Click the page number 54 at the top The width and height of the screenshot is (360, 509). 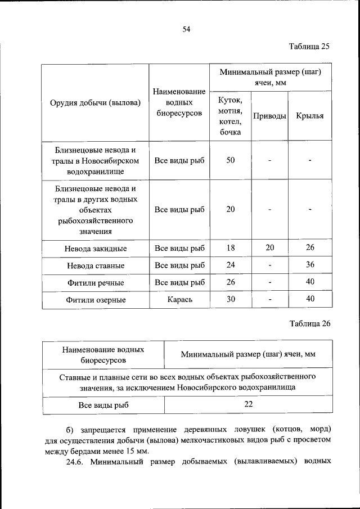(186, 29)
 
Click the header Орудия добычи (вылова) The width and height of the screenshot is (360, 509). (94, 102)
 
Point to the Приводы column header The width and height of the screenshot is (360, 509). (269, 116)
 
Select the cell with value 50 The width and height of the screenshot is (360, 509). (230, 160)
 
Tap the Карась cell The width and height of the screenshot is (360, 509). (179, 300)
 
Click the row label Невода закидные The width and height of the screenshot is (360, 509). (94, 248)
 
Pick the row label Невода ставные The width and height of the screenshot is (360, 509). (94, 265)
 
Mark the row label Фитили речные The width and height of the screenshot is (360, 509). (94, 283)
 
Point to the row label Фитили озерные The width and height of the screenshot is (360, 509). (94, 300)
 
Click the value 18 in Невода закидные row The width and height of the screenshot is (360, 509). (230, 247)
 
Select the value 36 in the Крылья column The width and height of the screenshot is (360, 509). (309, 265)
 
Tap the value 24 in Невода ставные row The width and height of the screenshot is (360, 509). (230, 265)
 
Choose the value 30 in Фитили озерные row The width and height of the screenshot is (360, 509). (230, 299)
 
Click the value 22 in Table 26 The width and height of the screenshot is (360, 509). (248, 404)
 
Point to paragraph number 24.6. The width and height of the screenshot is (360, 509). (74, 462)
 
